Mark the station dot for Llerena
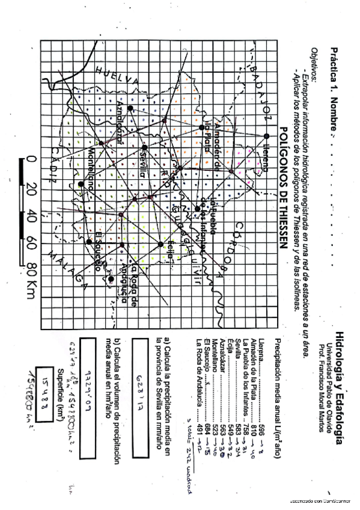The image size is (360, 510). click(266, 136)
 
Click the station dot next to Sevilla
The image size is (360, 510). click(144, 147)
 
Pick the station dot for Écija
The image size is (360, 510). click(160, 244)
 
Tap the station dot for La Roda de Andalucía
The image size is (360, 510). click(112, 278)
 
